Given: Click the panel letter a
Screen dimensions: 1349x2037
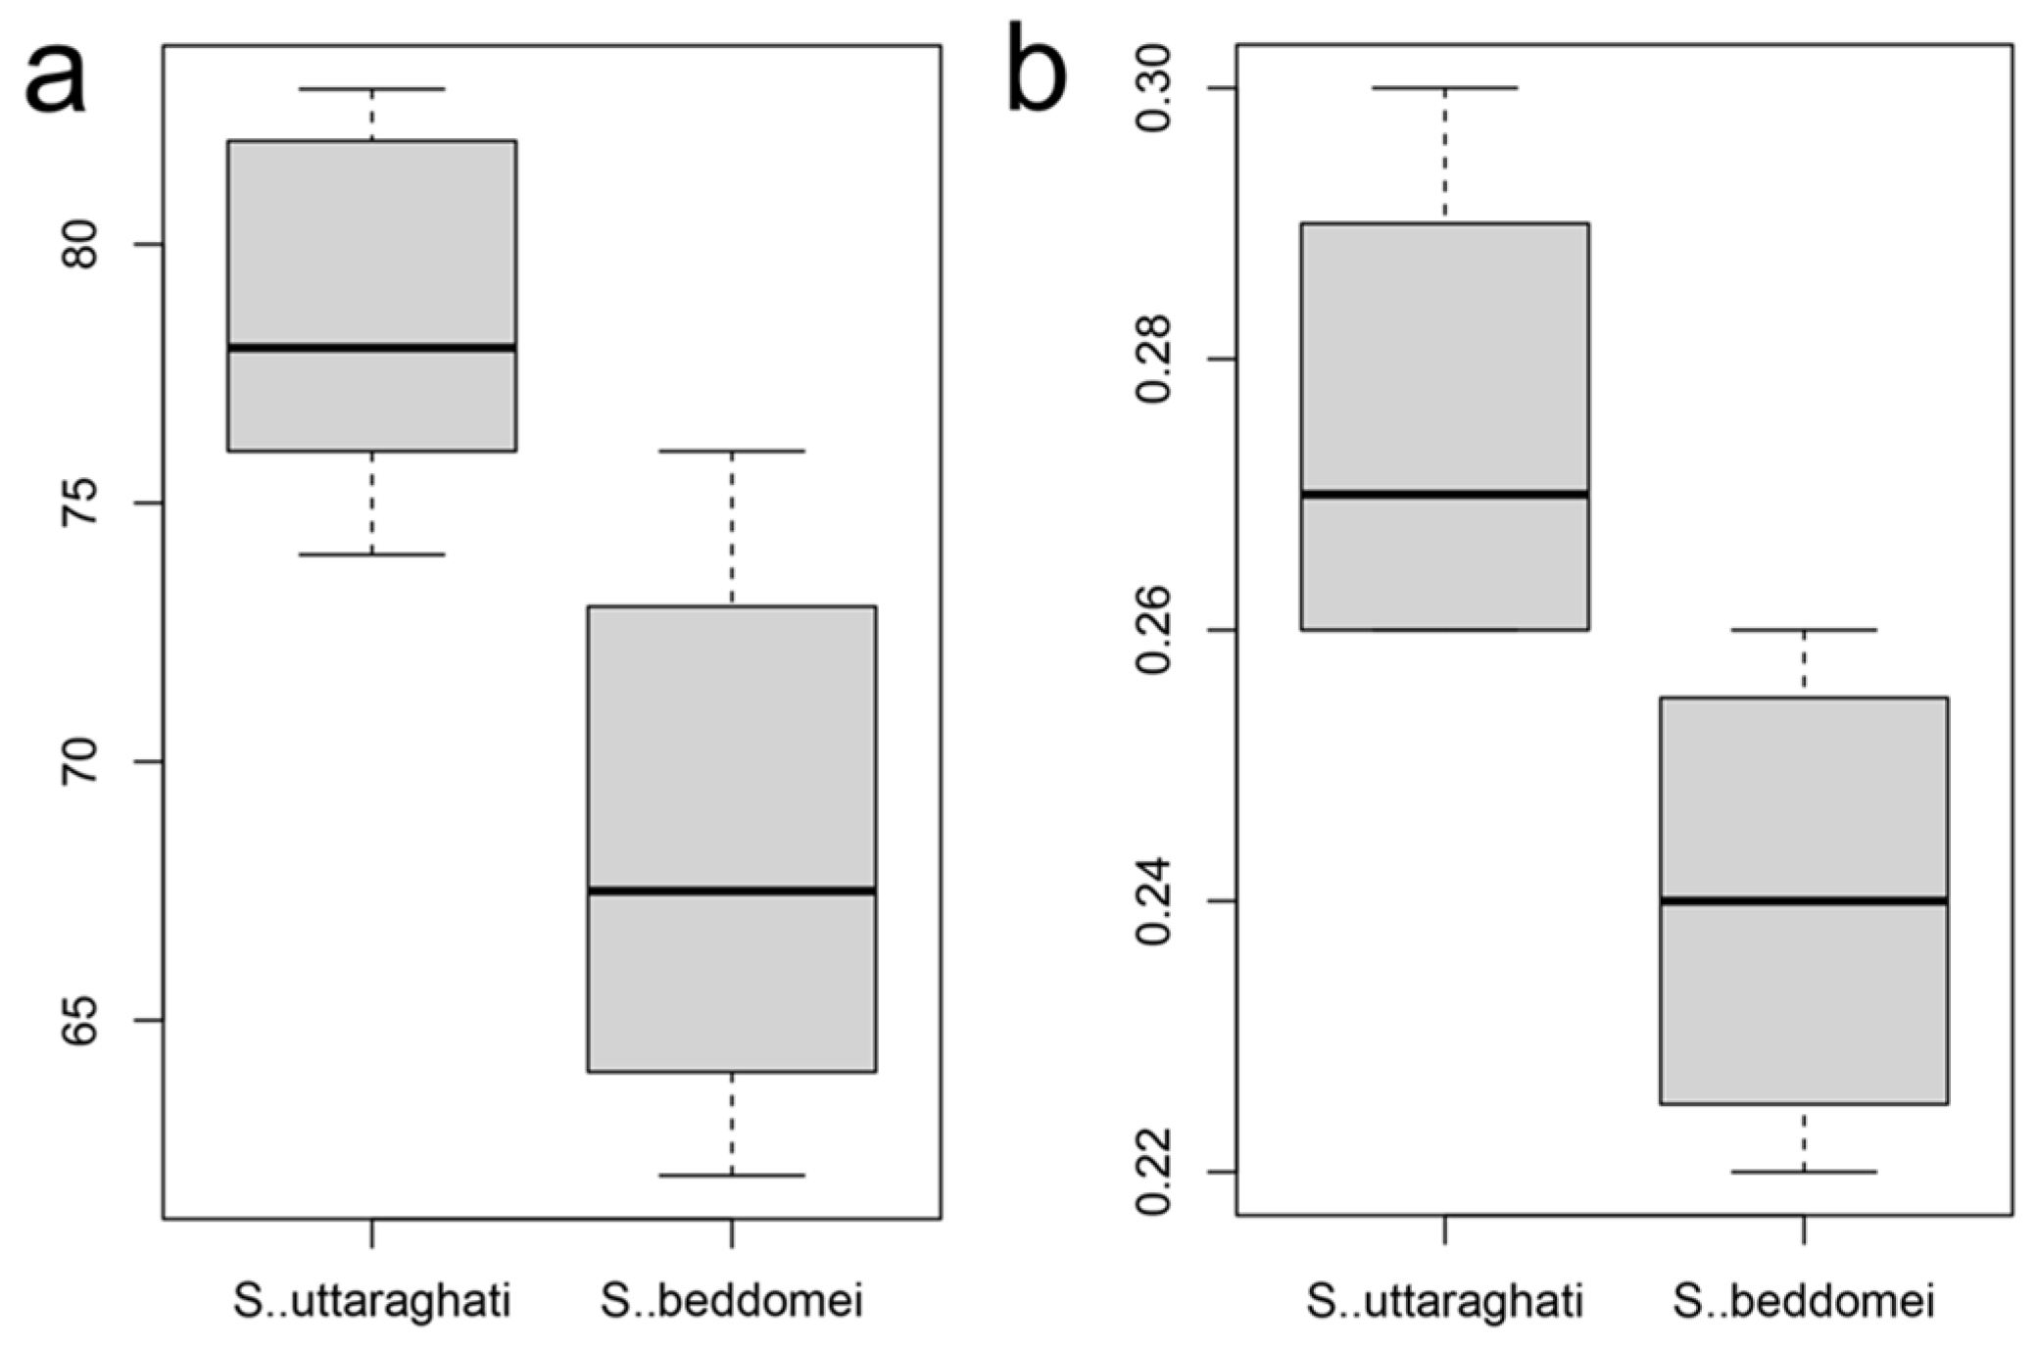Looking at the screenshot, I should point(56,81).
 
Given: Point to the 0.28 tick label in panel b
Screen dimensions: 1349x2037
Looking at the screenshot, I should point(1155,360).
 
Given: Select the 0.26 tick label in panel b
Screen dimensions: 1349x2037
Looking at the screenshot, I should point(1155,630).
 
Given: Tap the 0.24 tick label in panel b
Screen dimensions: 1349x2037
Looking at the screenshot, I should point(1155,901).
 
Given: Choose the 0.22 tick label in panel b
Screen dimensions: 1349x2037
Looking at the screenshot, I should point(1155,1172).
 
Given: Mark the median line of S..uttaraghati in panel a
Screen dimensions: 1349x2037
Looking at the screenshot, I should point(372,348).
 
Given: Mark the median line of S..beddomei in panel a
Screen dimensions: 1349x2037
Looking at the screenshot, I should point(732,891).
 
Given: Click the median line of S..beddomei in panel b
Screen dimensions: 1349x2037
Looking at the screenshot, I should point(1804,900).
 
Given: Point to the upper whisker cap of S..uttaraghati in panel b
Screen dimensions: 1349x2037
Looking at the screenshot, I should point(1445,88).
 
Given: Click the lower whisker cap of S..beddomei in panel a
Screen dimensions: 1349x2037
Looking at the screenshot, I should point(732,1176).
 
